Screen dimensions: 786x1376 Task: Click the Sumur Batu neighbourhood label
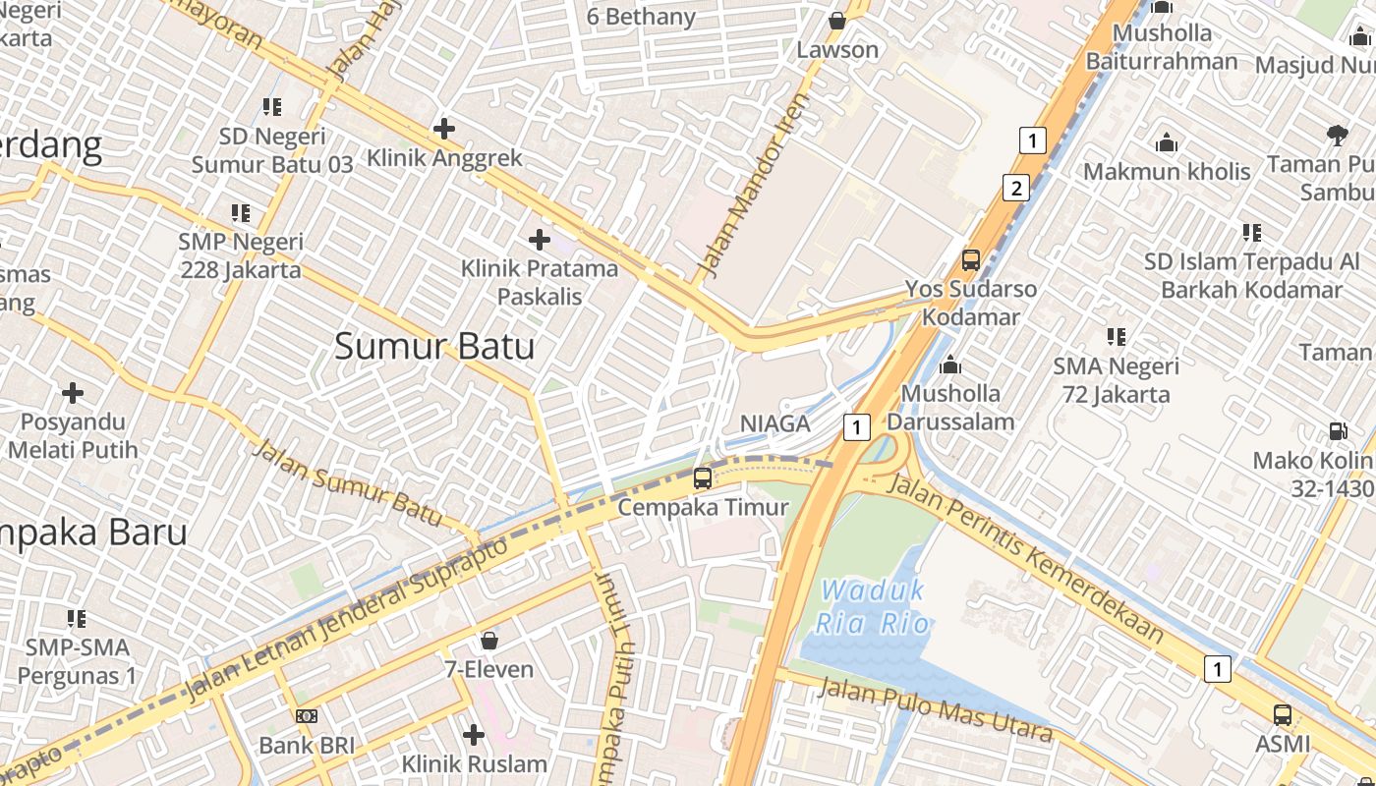(x=434, y=346)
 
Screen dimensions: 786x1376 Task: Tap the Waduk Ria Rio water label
(x=873, y=607)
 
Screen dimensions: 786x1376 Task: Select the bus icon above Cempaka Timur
(x=703, y=478)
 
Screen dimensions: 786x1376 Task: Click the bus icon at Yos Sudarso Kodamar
(x=971, y=260)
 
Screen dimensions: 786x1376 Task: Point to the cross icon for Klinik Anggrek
(x=444, y=128)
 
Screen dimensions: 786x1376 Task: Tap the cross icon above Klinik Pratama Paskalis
(x=539, y=239)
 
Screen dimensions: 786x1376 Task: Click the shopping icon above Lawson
(x=837, y=21)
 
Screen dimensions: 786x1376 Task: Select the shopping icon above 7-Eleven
(x=488, y=642)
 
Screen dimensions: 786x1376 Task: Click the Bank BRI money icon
(x=307, y=716)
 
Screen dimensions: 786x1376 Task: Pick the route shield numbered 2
(x=1016, y=188)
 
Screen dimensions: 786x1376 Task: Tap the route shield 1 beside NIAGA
(x=857, y=426)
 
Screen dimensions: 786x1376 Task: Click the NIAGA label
(x=774, y=423)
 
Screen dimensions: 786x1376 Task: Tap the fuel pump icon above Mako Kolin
(x=1338, y=430)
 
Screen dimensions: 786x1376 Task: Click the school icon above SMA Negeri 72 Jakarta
(x=1116, y=337)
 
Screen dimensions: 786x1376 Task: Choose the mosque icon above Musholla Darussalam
(x=950, y=366)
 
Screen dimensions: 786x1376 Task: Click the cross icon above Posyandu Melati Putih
(x=73, y=393)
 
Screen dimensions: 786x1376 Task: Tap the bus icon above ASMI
(x=1283, y=715)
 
